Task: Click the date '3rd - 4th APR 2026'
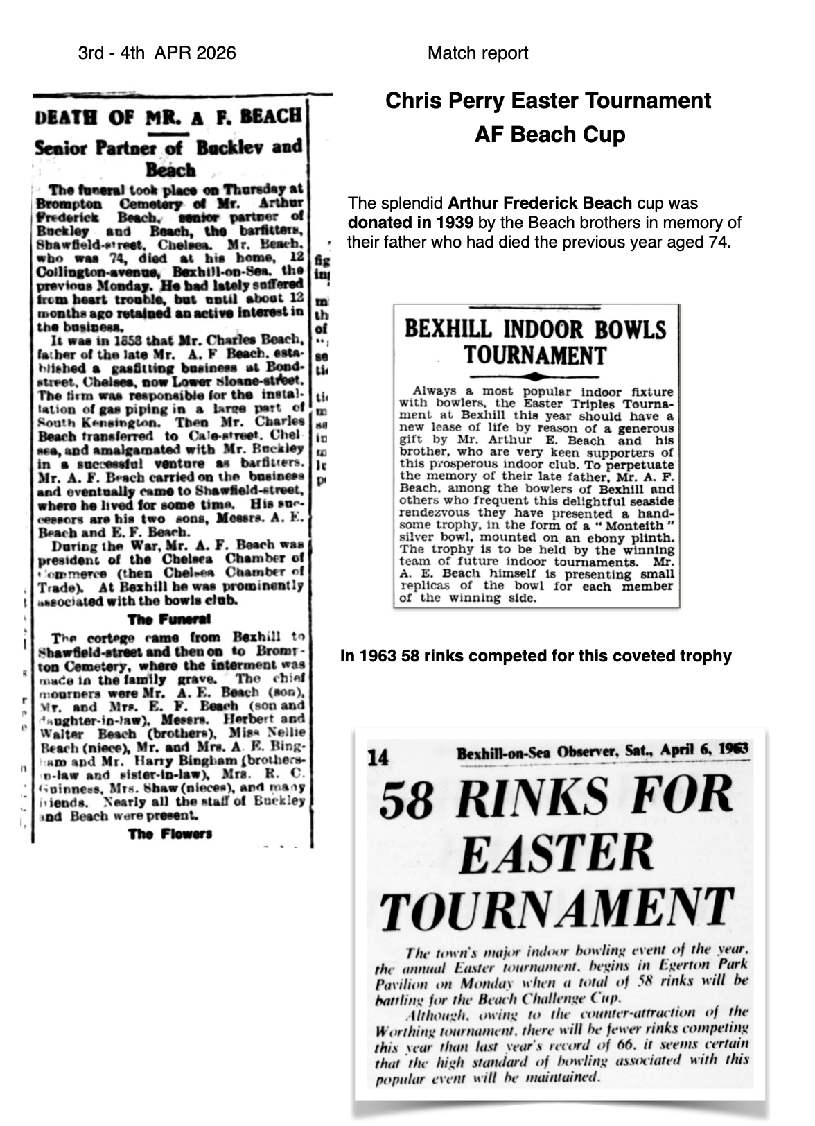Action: pos(157,53)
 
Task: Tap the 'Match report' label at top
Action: pos(477,53)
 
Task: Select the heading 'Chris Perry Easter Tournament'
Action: pos(547,101)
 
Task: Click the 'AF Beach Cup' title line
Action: pos(550,134)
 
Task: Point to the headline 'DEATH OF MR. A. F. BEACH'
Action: pos(168,116)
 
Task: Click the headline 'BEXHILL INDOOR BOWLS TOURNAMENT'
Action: pos(535,342)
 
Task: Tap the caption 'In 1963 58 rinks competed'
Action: pos(536,656)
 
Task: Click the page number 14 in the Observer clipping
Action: pos(378,759)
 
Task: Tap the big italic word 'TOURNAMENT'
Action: pos(558,908)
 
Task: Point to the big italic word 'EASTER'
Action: pos(556,854)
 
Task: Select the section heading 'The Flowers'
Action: pos(170,833)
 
